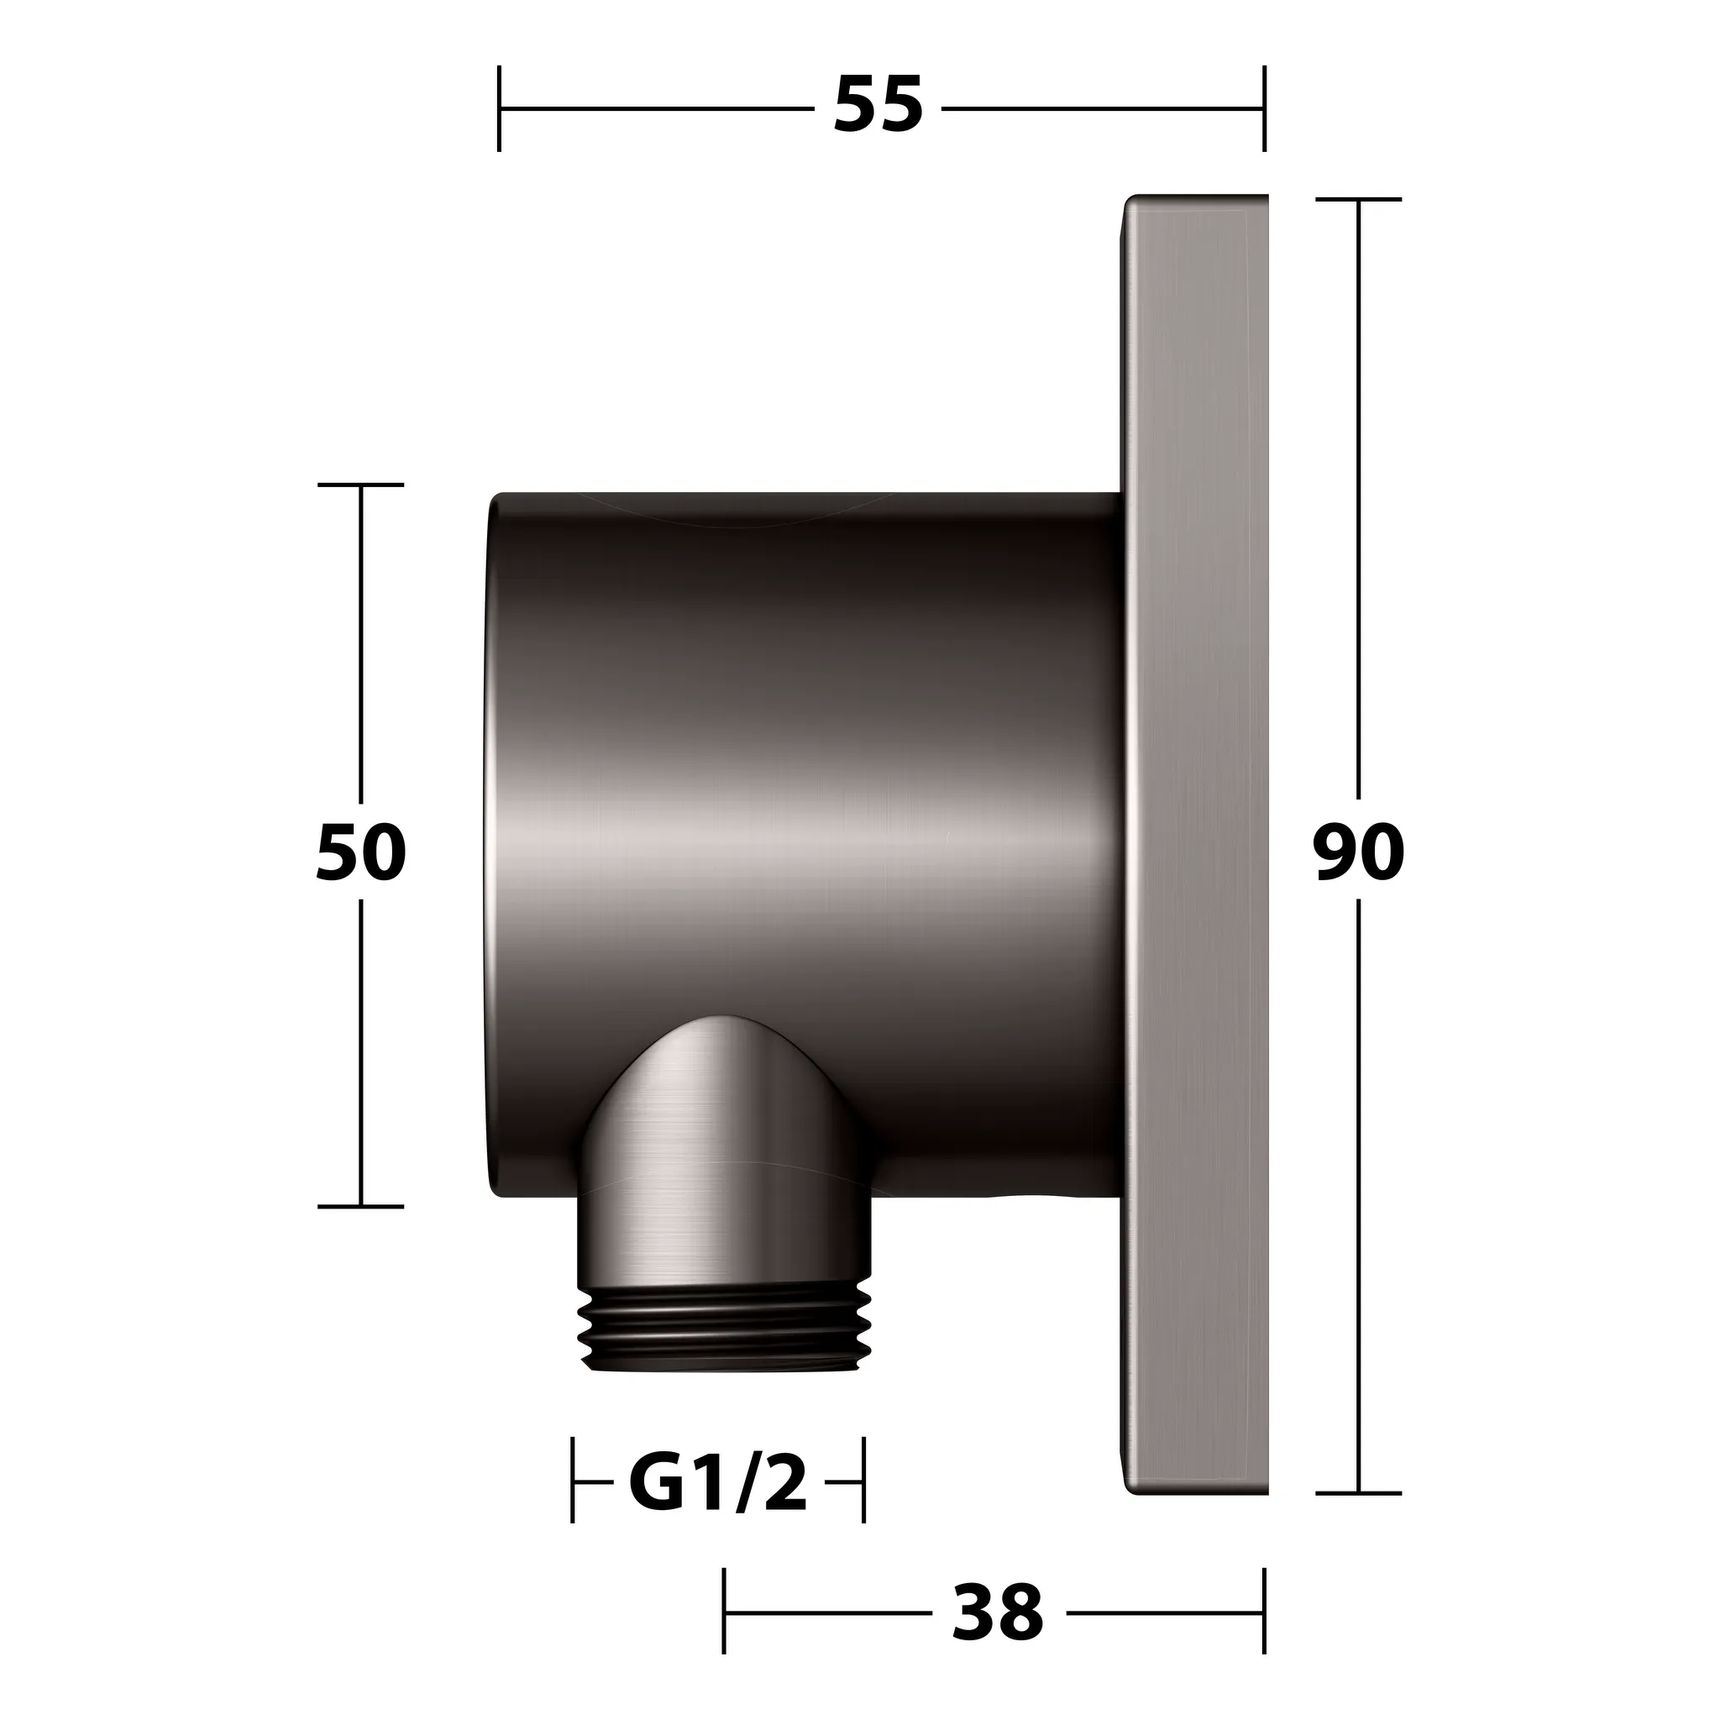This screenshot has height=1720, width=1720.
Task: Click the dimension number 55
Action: (878, 106)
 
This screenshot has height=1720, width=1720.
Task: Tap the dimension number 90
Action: (1359, 853)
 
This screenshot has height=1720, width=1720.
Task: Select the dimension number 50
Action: (360, 853)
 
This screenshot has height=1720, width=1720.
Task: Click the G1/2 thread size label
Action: (717, 1483)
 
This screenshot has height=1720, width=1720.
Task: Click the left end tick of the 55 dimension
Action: (499, 108)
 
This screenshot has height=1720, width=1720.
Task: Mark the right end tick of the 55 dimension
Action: (1264, 108)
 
